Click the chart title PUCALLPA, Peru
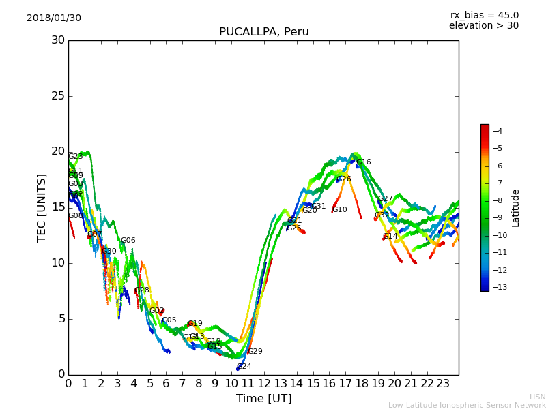(x=263, y=32)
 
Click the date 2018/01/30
(x=54, y=18)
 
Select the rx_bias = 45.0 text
(x=484, y=15)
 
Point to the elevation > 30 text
(x=484, y=26)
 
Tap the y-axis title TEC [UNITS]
(x=42, y=207)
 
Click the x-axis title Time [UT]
(x=263, y=399)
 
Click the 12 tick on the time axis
(x=264, y=383)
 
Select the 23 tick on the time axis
(x=443, y=383)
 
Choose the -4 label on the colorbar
(x=496, y=131)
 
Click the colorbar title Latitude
(x=516, y=207)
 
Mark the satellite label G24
(x=244, y=367)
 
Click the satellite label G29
(x=255, y=352)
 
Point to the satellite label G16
(x=364, y=162)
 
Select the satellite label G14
(x=390, y=237)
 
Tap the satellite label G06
(x=128, y=241)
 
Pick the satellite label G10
(x=339, y=210)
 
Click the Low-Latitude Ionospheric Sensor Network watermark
(x=467, y=405)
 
